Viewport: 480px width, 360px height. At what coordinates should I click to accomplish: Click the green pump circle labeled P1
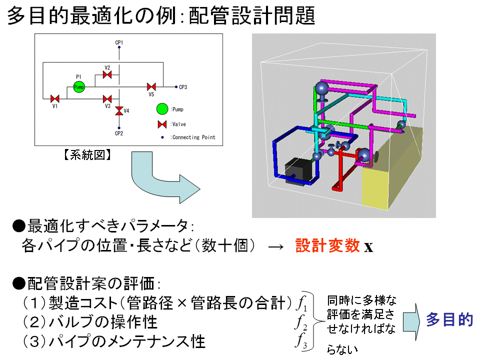pyautogui.click(x=78, y=87)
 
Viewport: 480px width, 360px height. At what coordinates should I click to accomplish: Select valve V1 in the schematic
pyautogui.click(x=55, y=98)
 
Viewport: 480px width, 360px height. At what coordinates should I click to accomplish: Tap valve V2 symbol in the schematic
pyautogui.click(x=107, y=75)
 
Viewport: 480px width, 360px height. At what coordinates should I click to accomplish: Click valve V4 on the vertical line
pyautogui.click(x=119, y=110)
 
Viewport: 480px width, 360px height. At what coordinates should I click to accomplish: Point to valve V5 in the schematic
pyautogui.click(x=151, y=87)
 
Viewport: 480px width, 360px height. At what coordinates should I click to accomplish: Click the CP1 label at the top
pyautogui.click(x=119, y=43)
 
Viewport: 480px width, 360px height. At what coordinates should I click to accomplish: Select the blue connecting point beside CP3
pyautogui.click(x=176, y=87)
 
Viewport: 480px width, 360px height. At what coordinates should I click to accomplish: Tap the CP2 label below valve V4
pyautogui.click(x=119, y=133)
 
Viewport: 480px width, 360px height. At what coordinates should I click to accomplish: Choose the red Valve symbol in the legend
pyautogui.click(x=161, y=124)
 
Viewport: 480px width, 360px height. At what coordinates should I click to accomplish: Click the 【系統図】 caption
pyautogui.click(x=87, y=155)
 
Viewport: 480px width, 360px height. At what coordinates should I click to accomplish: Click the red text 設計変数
pyautogui.click(x=327, y=246)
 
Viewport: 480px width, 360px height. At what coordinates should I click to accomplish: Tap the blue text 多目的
pyautogui.click(x=449, y=320)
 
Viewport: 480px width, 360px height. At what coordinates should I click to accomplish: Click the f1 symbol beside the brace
pyautogui.click(x=301, y=303)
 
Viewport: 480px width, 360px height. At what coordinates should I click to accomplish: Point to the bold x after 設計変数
pyautogui.click(x=368, y=247)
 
